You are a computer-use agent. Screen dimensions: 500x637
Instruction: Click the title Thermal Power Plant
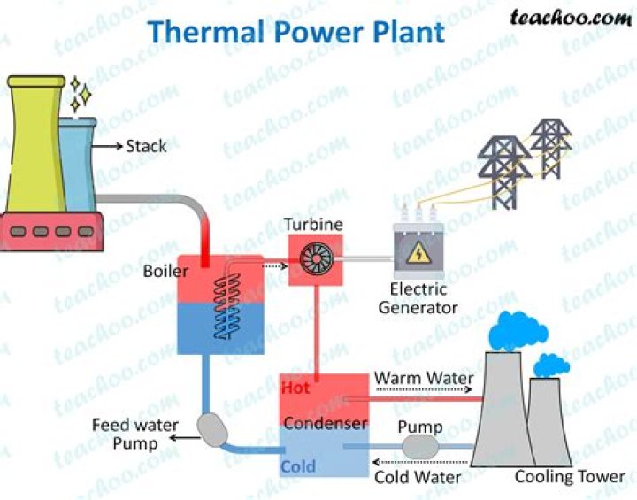pos(295,32)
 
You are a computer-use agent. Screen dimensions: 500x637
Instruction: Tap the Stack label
pos(146,146)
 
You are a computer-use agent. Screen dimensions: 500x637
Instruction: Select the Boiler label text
pos(166,271)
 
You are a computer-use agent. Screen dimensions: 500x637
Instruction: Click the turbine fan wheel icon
pos(314,259)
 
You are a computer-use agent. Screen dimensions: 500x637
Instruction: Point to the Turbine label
pos(313,225)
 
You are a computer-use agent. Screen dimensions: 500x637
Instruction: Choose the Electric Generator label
pos(418,298)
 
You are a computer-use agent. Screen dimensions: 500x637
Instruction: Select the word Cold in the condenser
pos(298,466)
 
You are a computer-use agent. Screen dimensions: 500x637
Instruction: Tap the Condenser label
pos(325,423)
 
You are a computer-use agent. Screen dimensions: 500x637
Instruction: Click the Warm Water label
pos(423,379)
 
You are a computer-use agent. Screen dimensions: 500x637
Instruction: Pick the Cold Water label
pos(417,478)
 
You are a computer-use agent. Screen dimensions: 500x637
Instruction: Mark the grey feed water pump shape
pos(215,431)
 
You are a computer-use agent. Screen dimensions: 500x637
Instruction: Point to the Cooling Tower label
pos(570,477)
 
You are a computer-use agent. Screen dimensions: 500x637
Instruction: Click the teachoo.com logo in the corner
pos(572,17)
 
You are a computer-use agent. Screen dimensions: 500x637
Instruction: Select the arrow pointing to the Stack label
pos(109,146)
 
